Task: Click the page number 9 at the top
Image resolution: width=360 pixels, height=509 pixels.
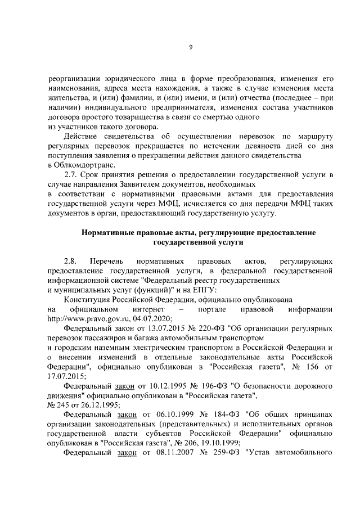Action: coord(191,47)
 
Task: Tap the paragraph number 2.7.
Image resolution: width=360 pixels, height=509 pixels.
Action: coord(71,175)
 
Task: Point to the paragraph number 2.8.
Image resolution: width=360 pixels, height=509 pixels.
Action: coord(71,262)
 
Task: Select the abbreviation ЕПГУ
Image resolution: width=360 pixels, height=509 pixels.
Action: coord(200,290)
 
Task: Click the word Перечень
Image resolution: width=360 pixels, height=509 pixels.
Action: coord(105,262)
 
